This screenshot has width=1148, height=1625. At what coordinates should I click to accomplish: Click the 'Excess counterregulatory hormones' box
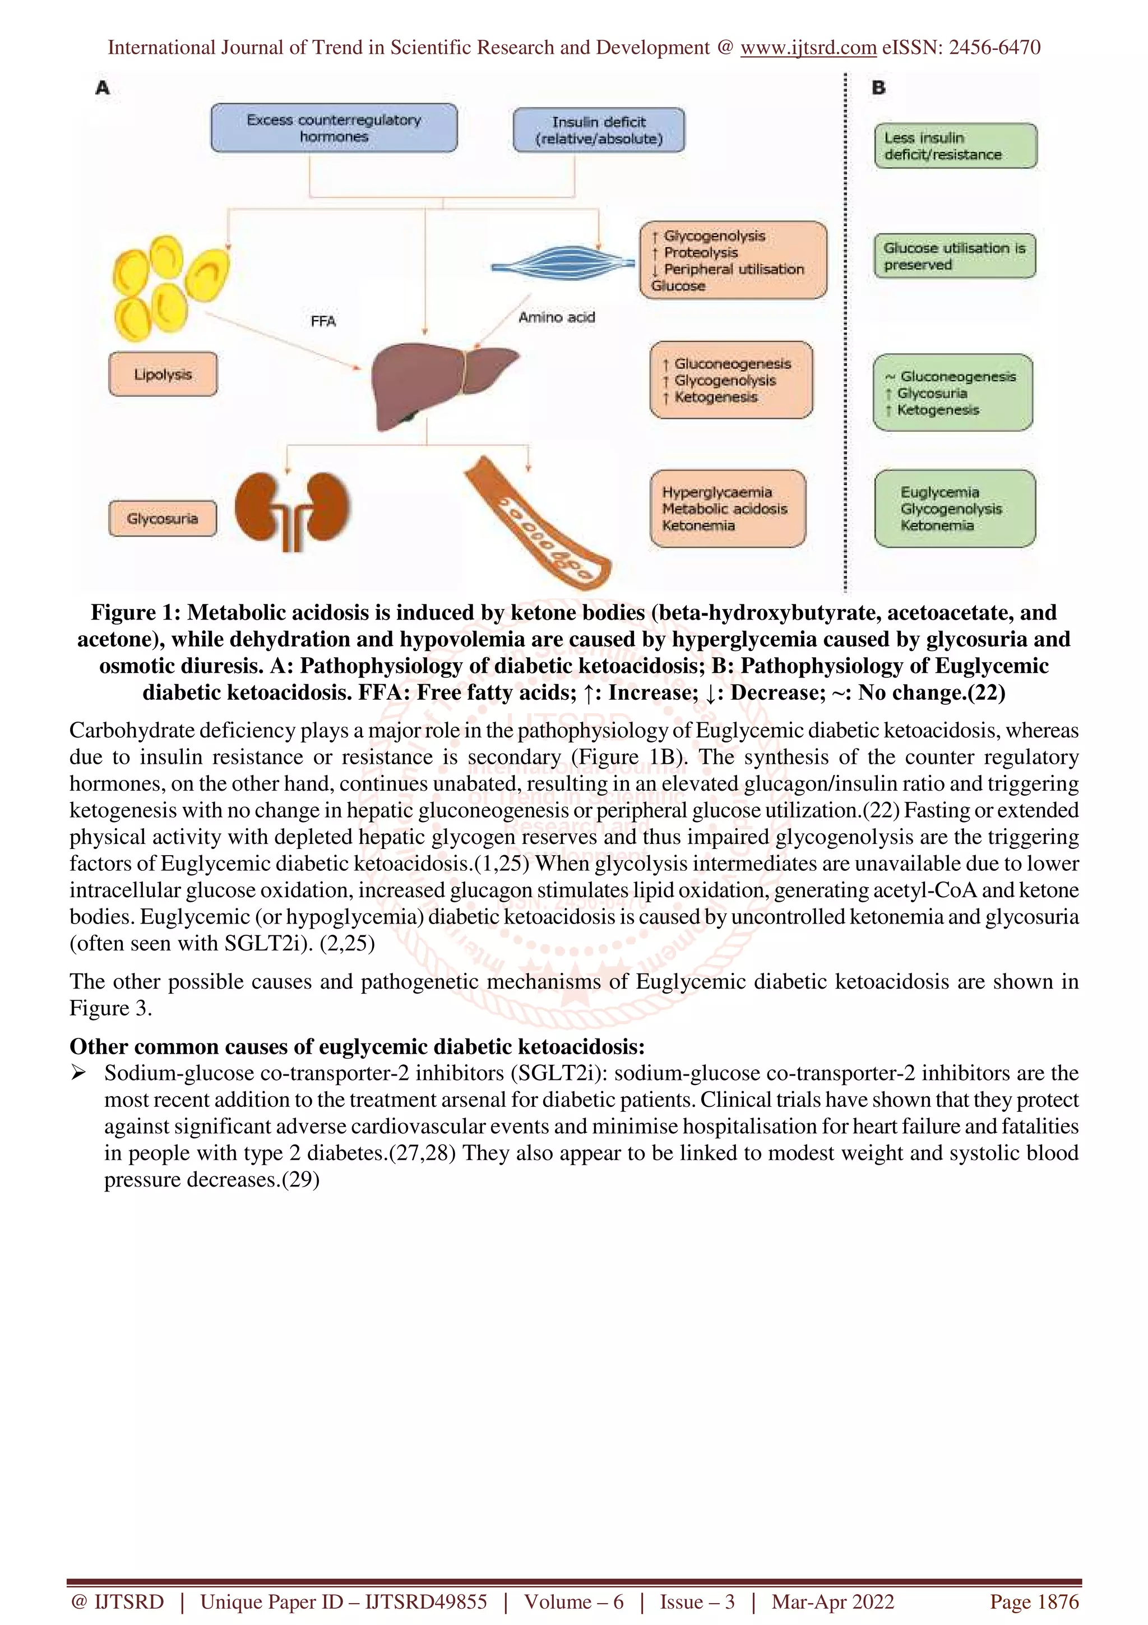pos(334,128)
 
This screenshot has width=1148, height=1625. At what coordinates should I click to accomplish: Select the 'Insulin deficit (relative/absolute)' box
pos(599,130)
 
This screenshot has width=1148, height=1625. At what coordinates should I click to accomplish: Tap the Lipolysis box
pos(163,375)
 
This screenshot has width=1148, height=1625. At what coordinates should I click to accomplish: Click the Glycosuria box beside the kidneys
pos(163,519)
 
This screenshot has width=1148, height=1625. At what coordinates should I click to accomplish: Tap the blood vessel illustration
pos(538,524)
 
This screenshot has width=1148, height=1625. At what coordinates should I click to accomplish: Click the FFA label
pos(323,321)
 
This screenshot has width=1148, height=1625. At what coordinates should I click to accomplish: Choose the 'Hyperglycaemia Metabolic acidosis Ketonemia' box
pos(727,509)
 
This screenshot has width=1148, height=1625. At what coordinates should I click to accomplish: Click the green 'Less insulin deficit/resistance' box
pos(955,146)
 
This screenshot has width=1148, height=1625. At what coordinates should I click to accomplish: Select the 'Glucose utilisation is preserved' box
pos(954,256)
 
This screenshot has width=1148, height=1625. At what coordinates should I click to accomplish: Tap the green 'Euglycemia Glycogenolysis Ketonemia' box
pos(954,509)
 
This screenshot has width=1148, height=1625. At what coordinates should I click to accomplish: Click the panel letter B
pos(878,89)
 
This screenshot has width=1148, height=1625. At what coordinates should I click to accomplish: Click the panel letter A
pos(103,89)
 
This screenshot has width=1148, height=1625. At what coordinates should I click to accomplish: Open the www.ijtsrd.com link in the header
pos(808,48)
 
